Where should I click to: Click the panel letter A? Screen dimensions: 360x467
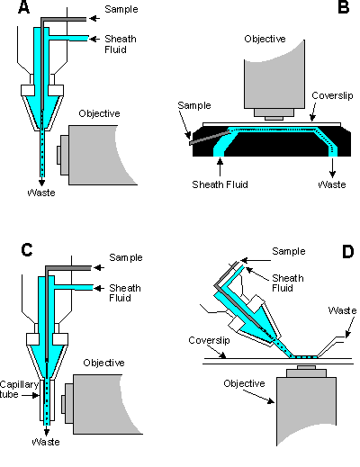click(x=24, y=7)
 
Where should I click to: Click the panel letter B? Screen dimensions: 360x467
click(x=344, y=7)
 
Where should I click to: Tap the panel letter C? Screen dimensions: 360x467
click(x=27, y=249)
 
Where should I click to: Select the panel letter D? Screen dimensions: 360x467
click(x=347, y=251)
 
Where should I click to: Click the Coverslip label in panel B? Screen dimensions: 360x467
click(x=332, y=95)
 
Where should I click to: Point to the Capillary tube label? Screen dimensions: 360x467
click(x=18, y=390)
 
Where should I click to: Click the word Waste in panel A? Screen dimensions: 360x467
click(x=41, y=193)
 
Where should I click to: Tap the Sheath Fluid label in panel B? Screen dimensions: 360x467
click(x=220, y=184)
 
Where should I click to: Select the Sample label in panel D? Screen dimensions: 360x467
click(x=289, y=251)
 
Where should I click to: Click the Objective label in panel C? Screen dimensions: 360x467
click(x=103, y=363)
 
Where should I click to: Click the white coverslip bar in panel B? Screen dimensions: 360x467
click(x=272, y=124)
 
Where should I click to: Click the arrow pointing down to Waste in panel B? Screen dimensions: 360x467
click(x=332, y=167)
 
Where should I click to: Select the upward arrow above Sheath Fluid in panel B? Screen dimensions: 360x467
click(x=220, y=167)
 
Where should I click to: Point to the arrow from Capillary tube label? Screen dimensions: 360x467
click(x=31, y=396)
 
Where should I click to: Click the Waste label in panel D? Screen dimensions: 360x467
click(x=342, y=310)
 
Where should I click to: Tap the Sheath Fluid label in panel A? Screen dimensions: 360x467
click(x=121, y=44)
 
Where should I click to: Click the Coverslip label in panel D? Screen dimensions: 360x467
click(x=209, y=340)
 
